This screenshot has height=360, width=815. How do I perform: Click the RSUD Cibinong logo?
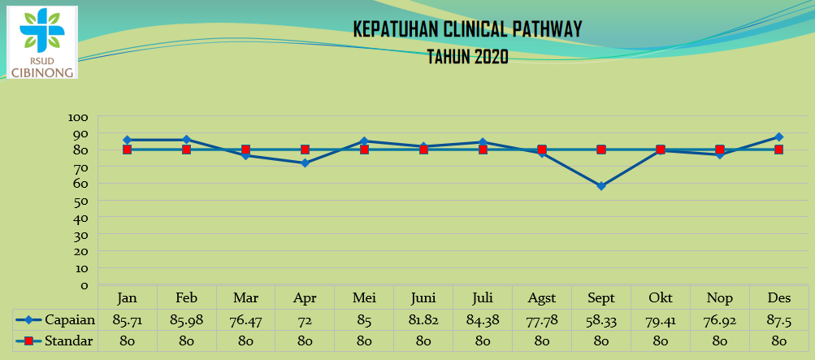pos(42,42)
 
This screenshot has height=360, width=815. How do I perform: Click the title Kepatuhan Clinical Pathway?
pos(467,29)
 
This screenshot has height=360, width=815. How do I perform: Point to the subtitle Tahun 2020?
pos(467,57)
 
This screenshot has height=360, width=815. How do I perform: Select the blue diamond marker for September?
pos(600,186)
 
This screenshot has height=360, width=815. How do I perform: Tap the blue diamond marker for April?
pos(305,163)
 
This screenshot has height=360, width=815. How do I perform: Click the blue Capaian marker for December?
pos(778,137)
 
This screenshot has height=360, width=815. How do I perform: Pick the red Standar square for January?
pos(128,150)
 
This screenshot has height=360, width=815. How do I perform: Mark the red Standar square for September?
pos(601,150)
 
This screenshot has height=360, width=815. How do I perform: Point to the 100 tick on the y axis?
pos(79,117)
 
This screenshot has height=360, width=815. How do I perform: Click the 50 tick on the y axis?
pos(81,200)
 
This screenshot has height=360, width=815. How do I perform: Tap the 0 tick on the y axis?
pos(85,284)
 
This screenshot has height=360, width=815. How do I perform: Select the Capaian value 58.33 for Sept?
pos(601,320)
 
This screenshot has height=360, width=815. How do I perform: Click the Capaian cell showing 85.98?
pos(187,320)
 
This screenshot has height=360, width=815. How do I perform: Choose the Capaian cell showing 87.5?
pos(778,320)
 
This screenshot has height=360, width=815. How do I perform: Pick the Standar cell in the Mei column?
pos(364,341)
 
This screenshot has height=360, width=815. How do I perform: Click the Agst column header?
pos(542,298)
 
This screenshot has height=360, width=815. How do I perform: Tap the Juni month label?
pos(423,298)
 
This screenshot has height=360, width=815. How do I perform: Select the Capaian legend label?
pos(70,320)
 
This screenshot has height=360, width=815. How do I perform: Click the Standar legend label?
pos(69,341)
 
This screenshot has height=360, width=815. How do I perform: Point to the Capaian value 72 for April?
pos(305,320)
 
